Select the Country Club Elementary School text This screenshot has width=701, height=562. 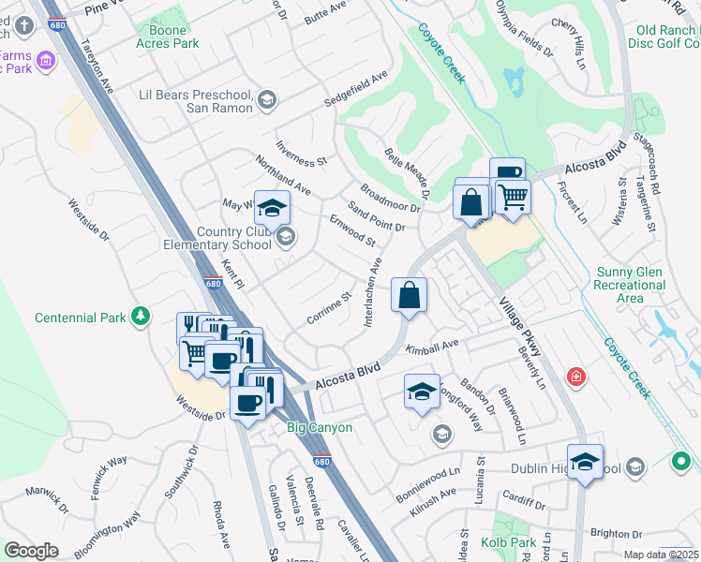pyautogui.click(x=234, y=239)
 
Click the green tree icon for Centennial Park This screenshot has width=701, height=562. pyautogui.click(x=141, y=317)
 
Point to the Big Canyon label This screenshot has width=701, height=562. pyautogui.click(x=319, y=428)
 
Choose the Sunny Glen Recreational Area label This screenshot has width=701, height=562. pyautogui.click(x=632, y=285)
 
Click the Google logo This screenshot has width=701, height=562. pyautogui.click(x=31, y=550)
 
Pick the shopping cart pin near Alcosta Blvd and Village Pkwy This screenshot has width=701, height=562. pyautogui.click(x=512, y=199)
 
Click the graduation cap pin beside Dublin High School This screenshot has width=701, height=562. pyautogui.click(x=585, y=463)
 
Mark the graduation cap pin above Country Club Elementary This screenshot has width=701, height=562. pyautogui.click(x=272, y=208)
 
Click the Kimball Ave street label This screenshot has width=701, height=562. pyautogui.click(x=432, y=348)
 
